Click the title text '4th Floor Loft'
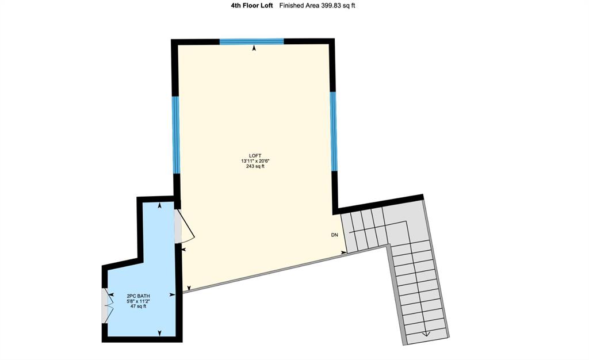click(252, 6)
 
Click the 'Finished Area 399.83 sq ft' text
click(317, 6)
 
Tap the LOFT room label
click(255, 156)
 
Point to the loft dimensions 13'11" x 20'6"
click(255, 161)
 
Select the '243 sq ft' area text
click(255, 166)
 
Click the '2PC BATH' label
click(138, 296)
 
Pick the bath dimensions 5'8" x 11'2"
click(138, 301)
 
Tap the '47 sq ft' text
click(138, 307)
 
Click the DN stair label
click(334, 235)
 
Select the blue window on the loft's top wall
click(252, 41)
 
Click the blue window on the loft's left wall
click(176, 135)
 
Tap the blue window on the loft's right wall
click(334, 131)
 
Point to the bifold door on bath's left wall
click(108, 305)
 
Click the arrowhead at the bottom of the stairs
click(426, 334)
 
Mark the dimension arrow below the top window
click(254, 48)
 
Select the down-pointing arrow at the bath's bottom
click(160, 333)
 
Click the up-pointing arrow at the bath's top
click(160, 205)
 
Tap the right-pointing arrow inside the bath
click(173, 295)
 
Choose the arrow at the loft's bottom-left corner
click(189, 288)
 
